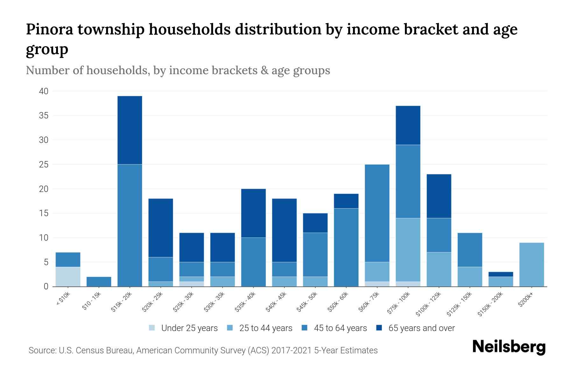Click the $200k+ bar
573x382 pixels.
click(x=532, y=265)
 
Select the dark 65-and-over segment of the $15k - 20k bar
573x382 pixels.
click(x=130, y=130)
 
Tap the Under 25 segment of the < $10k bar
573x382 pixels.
click(x=68, y=277)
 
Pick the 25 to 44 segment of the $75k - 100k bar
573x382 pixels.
click(x=408, y=250)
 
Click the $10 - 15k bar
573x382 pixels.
click(x=99, y=282)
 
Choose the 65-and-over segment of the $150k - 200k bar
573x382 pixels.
click(x=501, y=274)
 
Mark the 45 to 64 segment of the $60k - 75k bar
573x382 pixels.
click(x=377, y=213)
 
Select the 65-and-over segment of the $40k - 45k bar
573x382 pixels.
click(x=284, y=230)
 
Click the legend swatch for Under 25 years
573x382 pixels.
click(x=152, y=328)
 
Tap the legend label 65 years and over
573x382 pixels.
click(x=421, y=328)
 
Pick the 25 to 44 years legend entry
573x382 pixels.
click(x=265, y=328)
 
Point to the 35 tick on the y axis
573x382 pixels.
click(x=44, y=116)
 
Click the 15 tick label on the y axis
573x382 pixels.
click(x=44, y=213)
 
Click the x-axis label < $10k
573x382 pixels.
click(x=63, y=299)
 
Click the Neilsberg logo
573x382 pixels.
click(x=509, y=347)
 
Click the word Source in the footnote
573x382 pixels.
click(x=42, y=350)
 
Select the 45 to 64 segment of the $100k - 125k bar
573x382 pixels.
click(x=439, y=235)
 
